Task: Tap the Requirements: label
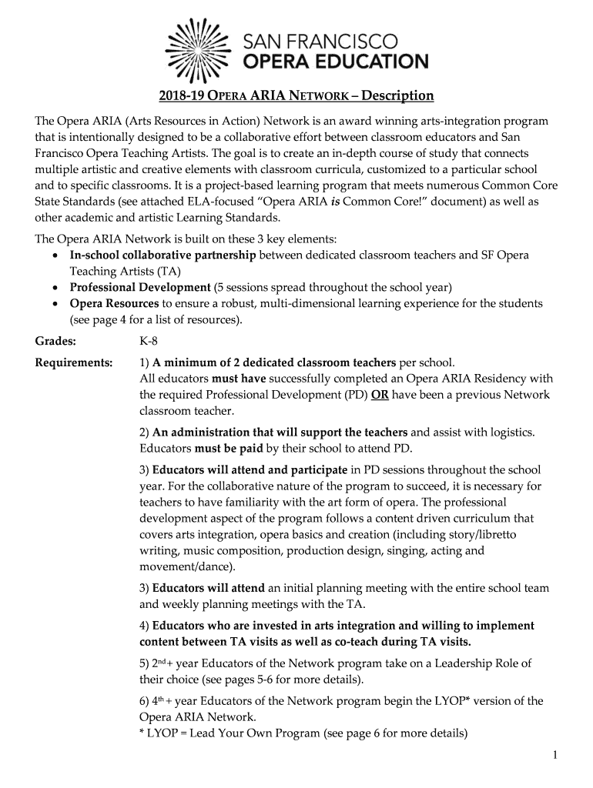pyautogui.click(x=74, y=362)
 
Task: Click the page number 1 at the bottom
pyautogui.click(x=554, y=756)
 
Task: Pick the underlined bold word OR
pyautogui.click(x=379, y=395)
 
